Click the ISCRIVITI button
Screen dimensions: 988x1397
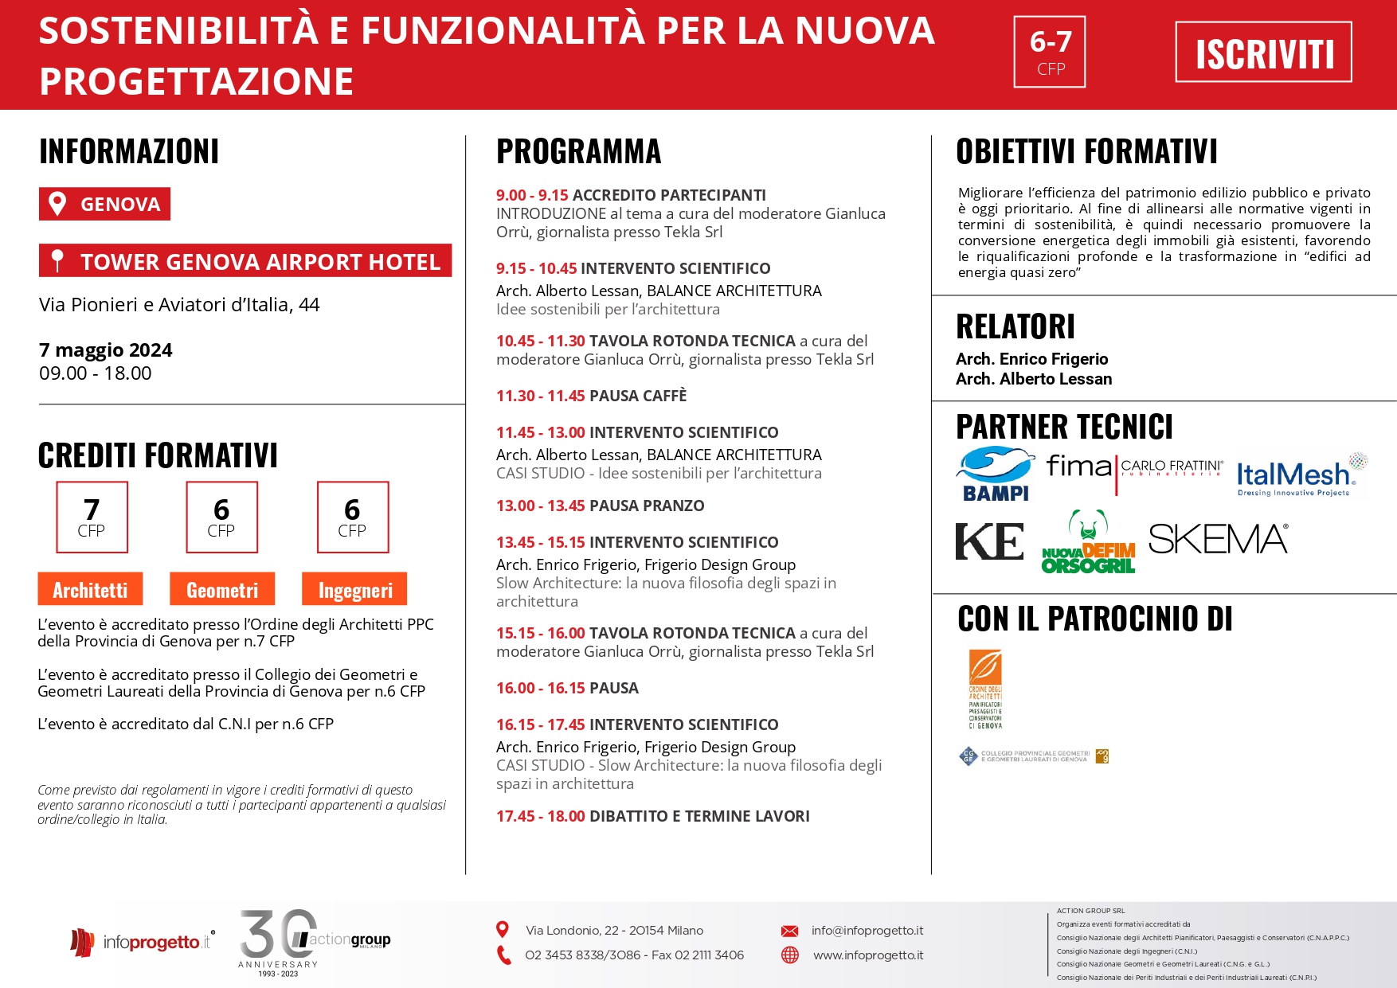point(1263,53)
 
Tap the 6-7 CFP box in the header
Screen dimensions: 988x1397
point(1050,52)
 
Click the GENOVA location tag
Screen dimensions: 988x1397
point(104,204)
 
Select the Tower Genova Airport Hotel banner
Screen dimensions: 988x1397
point(245,261)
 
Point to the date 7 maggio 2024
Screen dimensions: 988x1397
point(106,350)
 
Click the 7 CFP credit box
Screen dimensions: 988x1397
point(92,517)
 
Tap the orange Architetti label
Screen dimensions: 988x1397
point(90,589)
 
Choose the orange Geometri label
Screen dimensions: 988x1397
point(221,589)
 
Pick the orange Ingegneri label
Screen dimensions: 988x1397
point(354,589)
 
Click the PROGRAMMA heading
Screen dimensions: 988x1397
point(579,151)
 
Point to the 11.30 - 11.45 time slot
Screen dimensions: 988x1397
point(540,396)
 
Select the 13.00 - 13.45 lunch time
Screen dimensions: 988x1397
point(540,506)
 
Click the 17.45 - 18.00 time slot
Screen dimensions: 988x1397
point(540,816)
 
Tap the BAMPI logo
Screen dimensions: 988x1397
point(995,474)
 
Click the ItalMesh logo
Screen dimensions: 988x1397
point(1301,475)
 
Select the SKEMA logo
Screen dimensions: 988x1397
point(1218,539)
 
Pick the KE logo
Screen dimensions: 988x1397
point(989,541)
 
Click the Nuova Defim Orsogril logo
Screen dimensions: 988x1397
point(1088,542)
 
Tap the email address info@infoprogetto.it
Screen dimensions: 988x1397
point(867,931)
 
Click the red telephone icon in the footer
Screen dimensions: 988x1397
point(503,955)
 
